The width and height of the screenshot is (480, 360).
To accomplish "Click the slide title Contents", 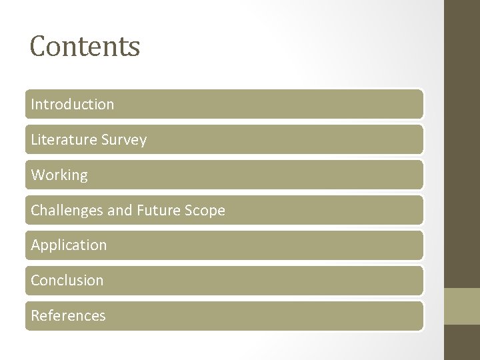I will tap(85, 47).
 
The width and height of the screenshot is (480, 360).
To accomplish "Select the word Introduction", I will tap(72, 105).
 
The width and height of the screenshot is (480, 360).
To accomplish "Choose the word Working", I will tap(59, 175).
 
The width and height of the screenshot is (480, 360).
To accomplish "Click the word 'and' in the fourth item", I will tap(120, 211).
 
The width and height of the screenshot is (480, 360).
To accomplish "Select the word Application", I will tap(69, 245).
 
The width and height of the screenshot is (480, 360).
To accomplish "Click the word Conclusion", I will tap(67, 281).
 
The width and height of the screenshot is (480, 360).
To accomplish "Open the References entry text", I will tap(68, 316).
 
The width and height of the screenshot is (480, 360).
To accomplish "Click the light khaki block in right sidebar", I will tap(462, 306).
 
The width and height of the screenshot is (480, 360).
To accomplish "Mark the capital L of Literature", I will tap(35, 140).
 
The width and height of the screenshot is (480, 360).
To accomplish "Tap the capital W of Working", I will tap(37, 175).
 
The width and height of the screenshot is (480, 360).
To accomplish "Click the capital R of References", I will tap(35, 316).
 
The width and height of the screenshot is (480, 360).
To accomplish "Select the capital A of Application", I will tap(35, 245).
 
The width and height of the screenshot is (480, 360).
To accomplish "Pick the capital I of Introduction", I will tap(33, 105).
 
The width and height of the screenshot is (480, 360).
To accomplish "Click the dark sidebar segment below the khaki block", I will tap(462, 343).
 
